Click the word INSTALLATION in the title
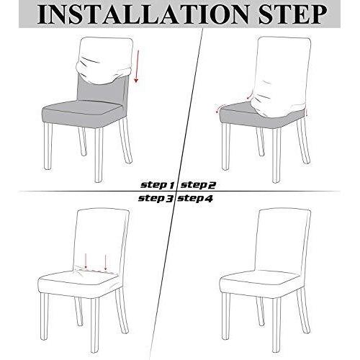[x=143, y=14]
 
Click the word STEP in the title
[x=293, y=14]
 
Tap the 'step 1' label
[x=158, y=185]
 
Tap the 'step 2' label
[x=198, y=185]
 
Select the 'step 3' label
[x=156, y=199]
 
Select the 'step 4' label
[x=195, y=199]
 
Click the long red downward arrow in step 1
[x=136, y=66]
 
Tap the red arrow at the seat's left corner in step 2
[x=219, y=108]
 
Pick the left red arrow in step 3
[x=86, y=261]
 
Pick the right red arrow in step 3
[x=106, y=262]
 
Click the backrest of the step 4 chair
[x=282, y=240]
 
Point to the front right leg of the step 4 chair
[x=276, y=325]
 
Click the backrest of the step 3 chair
[x=102, y=240]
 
